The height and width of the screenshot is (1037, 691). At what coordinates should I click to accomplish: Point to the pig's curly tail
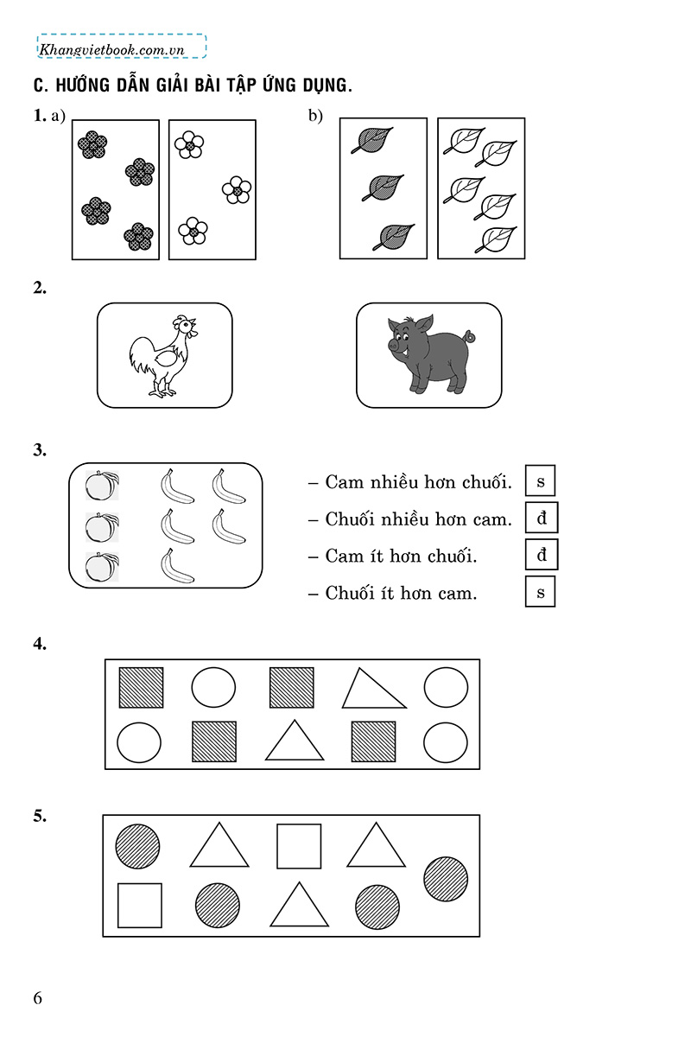click(x=469, y=334)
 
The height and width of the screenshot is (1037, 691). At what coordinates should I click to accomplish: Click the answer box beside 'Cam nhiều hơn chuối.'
click(x=541, y=480)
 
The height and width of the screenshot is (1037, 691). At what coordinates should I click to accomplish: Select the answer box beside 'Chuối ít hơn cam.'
click(x=541, y=592)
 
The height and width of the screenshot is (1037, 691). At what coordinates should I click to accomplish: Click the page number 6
click(x=38, y=998)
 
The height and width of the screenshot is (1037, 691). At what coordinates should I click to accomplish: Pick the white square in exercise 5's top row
click(x=299, y=846)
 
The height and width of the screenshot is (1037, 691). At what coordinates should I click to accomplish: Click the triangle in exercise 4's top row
click(x=373, y=690)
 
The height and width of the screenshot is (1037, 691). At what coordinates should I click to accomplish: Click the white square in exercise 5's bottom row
click(x=140, y=905)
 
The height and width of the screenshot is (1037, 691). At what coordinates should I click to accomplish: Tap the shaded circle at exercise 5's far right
click(x=446, y=879)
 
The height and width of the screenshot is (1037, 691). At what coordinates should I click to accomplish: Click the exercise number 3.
click(x=39, y=450)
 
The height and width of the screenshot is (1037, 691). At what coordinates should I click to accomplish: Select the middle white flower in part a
click(x=237, y=190)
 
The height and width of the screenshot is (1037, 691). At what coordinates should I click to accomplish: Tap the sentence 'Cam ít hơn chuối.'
click(x=401, y=556)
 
